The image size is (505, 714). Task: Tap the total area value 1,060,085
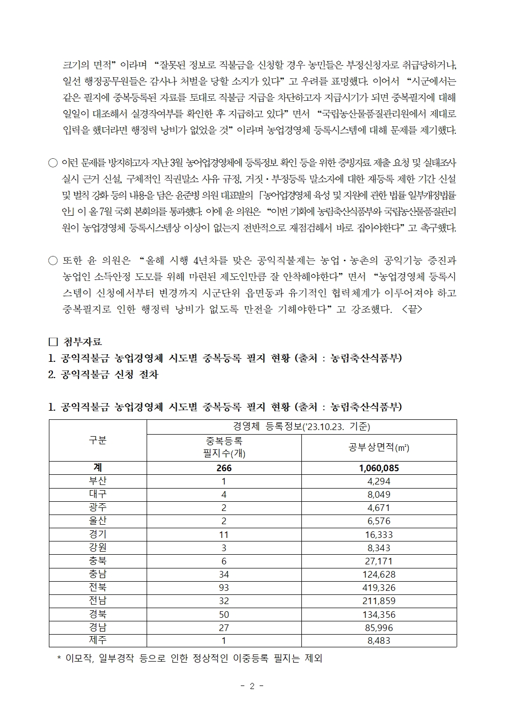click(x=379, y=468)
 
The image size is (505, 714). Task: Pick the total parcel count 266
click(x=224, y=468)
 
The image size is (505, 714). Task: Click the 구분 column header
click(x=98, y=440)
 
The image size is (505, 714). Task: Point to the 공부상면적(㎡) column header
click(x=379, y=447)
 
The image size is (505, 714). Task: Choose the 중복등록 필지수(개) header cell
click(x=224, y=447)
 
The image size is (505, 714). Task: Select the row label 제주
click(x=98, y=640)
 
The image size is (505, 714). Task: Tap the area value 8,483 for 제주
click(x=379, y=641)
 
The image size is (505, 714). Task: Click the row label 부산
click(x=98, y=481)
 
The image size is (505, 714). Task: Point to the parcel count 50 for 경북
click(x=224, y=614)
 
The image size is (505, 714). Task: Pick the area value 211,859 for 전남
click(x=379, y=601)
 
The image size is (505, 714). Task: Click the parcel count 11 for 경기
click(x=224, y=534)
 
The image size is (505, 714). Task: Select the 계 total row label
click(x=98, y=468)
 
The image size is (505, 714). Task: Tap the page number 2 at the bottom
click(x=252, y=686)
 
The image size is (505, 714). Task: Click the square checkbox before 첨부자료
click(x=52, y=341)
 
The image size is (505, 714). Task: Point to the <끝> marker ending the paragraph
click(x=412, y=309)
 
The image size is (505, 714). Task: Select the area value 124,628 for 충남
click(x=379, y=575)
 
